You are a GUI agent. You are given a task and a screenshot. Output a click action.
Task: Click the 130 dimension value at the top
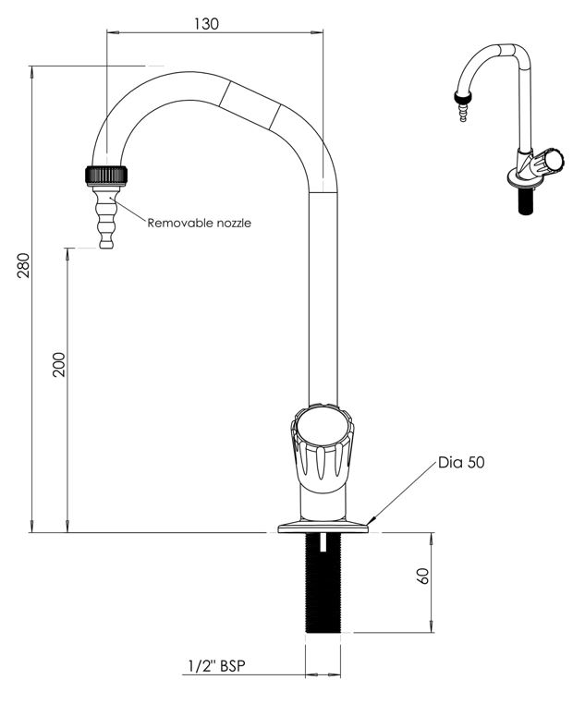[206, 23]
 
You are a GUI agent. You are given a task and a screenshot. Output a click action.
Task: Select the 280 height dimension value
[23, 265]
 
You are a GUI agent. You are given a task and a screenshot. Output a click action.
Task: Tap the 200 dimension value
[59, 365]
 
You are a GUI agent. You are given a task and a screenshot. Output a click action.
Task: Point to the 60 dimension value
[423, 576]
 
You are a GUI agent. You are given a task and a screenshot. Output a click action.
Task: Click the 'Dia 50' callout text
[461, 463]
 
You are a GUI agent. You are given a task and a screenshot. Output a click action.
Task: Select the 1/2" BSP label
[217, 666]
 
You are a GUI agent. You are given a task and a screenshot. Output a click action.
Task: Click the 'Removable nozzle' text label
[200, 223]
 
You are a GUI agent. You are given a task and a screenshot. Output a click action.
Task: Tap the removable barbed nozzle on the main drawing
[106, 217]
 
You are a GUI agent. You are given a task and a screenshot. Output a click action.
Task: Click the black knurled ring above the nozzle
[106, 175]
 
